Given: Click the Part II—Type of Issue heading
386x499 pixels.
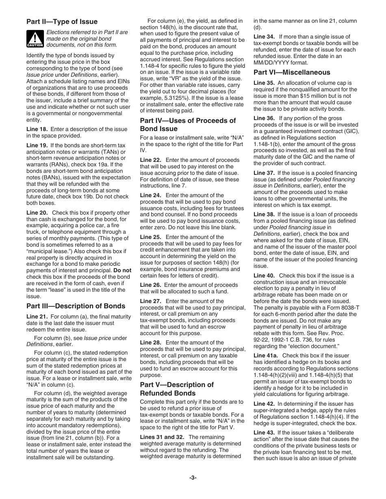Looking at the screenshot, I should [62, 22].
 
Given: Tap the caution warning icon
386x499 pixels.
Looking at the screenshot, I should [35, 39].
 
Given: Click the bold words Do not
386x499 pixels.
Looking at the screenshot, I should [122, 270].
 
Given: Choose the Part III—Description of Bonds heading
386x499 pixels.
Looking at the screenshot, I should [76, 306].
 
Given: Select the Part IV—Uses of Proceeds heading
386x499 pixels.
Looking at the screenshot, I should [188, 124].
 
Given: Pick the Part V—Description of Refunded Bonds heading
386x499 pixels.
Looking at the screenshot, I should [177, 389].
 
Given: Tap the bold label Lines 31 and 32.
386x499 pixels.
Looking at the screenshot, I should [162, 437].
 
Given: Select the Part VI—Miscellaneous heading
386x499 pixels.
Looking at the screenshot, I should [292, 72].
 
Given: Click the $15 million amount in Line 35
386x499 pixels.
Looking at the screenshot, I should [311, 96].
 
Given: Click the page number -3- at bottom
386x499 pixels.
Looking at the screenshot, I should [193, 477].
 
